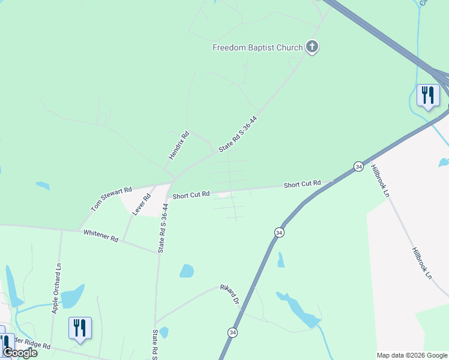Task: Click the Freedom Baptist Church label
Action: pyautogui.click(x=258, y=47)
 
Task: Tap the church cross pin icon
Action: pyautogui.click(x=312, y=46)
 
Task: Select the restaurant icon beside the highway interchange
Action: pyautogui.click(x=428, y=95)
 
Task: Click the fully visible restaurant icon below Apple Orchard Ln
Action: pyautogui.click(x=80, y=328)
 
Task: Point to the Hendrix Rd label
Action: pyautogui.click(x=179, y=145)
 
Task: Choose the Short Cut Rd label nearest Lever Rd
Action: pyautogui.click(x=191, y=195)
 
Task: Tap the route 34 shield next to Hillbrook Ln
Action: pyautogui.click(x=358, y=166)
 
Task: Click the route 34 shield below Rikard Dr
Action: pyautogui.click(x=232, y=332)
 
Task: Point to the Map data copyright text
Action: pyautogui.click(x=412, y=355)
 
